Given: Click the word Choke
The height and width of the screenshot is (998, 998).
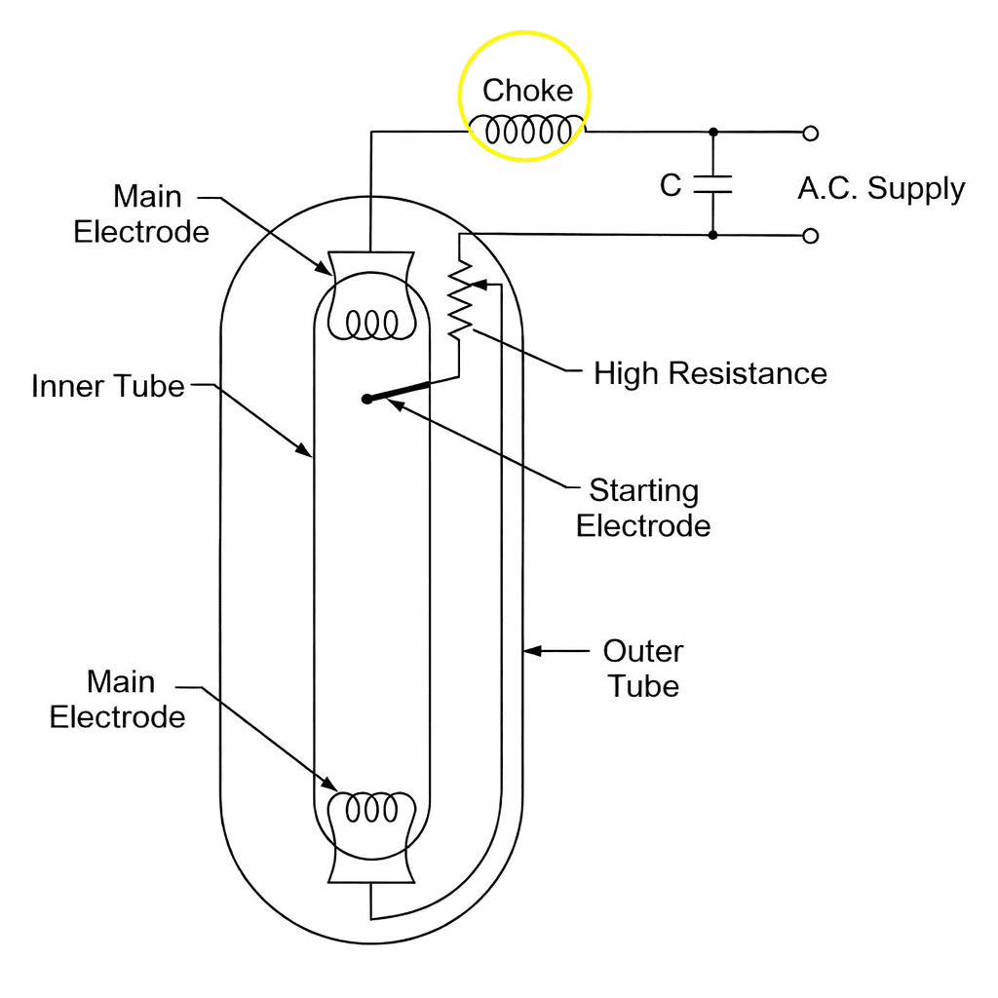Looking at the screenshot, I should pyautogui.click(x=527, y=91).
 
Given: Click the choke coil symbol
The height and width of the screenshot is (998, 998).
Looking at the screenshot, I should pyautogui.click(x=527, y=130).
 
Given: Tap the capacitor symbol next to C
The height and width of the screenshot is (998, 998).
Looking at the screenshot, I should pyautogui.click(x=712, y=184).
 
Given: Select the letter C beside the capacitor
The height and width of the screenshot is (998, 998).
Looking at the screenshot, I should pyautogui.click(x=671, y=185).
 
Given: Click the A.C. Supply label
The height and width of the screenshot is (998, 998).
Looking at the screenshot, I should pyautogui.click(x=881, y=188).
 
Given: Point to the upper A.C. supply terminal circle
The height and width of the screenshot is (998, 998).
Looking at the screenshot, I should pyautogui.click(x=810, y=133).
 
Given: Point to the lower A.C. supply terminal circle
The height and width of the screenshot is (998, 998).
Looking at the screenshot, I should pyautogui.click(x=810, y=235).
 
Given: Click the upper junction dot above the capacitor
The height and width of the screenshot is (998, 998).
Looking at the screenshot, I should pyautogui.click(x=712, y=132).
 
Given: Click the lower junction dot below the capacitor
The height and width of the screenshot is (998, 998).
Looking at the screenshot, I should pyautogui.click(x=712, y=235).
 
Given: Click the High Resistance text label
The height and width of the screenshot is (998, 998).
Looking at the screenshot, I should pyautogui.click(x=710, y=373).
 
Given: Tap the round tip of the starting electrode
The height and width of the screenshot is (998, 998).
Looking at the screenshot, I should pyautogui.click(x=366, y=399).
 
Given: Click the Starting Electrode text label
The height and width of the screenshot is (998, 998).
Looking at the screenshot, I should pyautogui.click(x=643, y=508).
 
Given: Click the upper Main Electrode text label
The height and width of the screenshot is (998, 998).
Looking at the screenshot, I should pyautogui.click(x=142, y=214).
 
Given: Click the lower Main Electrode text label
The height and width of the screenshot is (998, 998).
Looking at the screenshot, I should pyautogui.click(x=118, y=699).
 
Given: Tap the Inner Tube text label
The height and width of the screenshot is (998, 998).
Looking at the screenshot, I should pyautogui.click(x=107, y=386).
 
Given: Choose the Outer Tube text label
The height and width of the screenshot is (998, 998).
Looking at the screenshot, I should pyautogui.click(x=643, y=668).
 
